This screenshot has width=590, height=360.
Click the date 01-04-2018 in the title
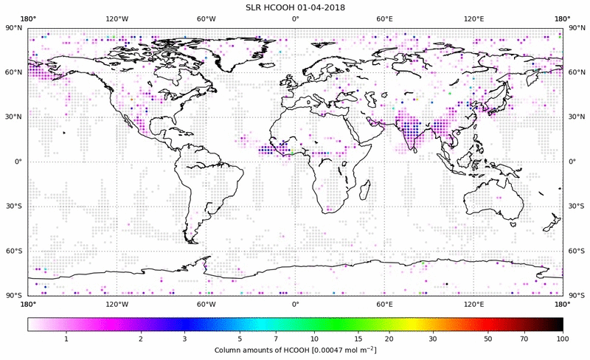click(320, 7)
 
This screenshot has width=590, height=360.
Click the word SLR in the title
click(254, 7)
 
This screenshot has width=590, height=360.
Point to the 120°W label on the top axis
click(117, 18)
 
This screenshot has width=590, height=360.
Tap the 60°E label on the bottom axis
click(384, 304)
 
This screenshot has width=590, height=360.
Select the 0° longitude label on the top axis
click(295, 18)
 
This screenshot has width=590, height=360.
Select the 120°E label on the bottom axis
click(473, 304)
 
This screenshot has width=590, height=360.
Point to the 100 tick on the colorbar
click(563, 339)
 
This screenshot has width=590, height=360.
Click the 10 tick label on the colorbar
click(315, 339)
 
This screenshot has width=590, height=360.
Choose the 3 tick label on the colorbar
click(184, 339)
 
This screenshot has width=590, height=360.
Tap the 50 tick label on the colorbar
click(488, 339)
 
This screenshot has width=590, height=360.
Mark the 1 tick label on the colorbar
click(66, 339)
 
